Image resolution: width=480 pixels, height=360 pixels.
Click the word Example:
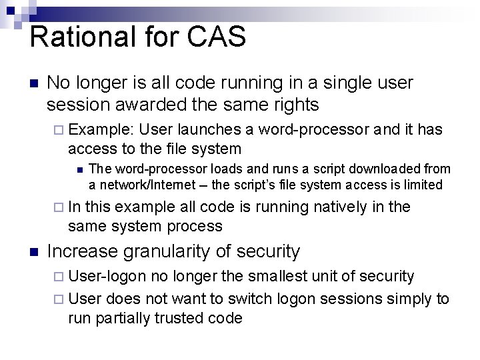(103, 129)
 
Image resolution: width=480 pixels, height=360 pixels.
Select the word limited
(419, 184)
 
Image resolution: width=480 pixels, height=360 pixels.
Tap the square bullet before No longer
(35, 84)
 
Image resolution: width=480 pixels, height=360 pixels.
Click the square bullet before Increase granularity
(35, 252)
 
